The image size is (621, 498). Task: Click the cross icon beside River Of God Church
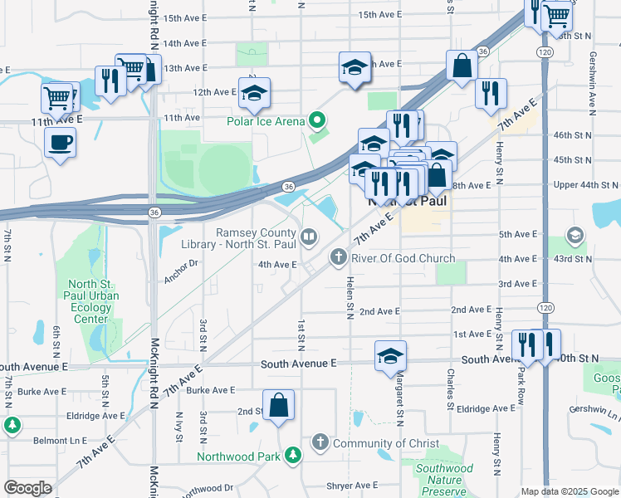339,258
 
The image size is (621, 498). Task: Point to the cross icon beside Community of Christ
321,443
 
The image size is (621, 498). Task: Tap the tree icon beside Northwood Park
292,456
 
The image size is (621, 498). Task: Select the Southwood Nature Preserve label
444,480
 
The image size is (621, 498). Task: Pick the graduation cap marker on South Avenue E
390,356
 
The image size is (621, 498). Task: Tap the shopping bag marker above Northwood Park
281,406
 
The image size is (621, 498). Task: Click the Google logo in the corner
27,488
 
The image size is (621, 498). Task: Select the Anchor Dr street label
181,271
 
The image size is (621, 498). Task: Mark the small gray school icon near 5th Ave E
573,236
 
